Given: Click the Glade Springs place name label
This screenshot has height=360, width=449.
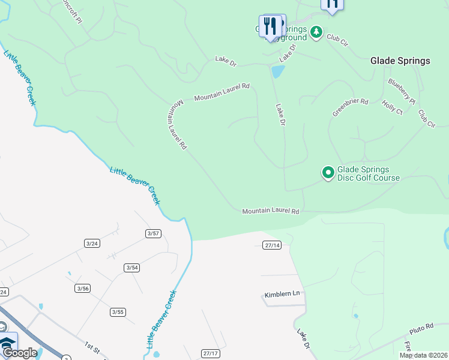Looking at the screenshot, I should click(x=400, y=61).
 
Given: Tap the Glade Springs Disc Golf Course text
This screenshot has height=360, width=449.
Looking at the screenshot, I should click(x=369, y=174).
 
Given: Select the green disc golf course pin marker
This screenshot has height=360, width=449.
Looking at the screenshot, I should click(x=328, y=173).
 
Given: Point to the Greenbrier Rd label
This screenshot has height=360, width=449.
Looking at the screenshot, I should click(x=350, y=107).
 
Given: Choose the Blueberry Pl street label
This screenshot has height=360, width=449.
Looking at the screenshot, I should click(x=402, y=91).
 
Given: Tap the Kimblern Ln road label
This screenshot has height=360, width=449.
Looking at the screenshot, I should click(x=282, y=295).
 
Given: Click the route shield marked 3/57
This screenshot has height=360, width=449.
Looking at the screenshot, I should click(x=153, y=233).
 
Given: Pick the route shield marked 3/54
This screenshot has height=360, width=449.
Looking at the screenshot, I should click(x=132, y=268).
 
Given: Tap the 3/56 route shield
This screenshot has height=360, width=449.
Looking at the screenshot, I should click(x=83, y=289).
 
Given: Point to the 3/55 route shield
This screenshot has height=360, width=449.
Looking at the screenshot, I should click(x=118, y=312).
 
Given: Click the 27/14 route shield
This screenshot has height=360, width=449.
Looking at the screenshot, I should click(x=272, y=245).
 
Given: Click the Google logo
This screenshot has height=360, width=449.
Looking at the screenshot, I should click(x=20, y=353).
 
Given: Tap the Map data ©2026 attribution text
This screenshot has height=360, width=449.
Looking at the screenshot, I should click(x=424, y=355).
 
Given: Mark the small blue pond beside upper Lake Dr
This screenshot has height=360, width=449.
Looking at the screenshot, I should click(x=277, y=72).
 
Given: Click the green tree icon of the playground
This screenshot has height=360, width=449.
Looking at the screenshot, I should click(x=316, y=31).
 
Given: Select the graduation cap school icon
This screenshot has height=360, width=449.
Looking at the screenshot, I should click(x=8, y=344).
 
